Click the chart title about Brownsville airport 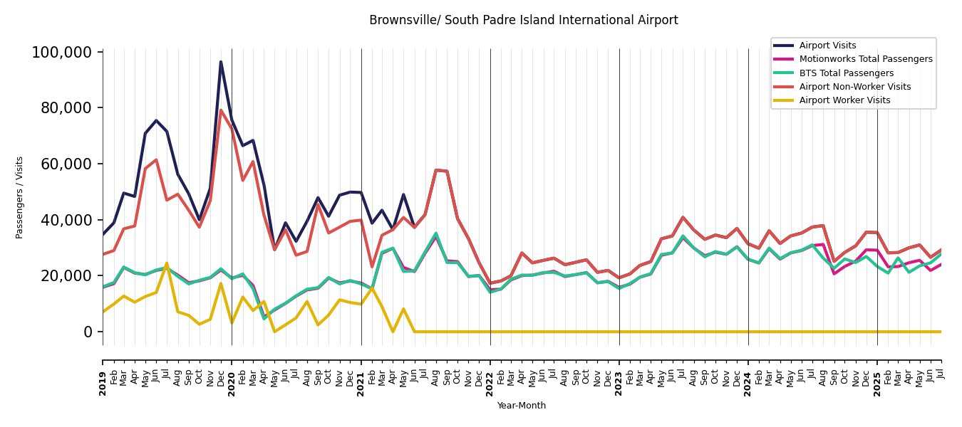(x=523, y=21)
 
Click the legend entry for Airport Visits (x=827, y=46)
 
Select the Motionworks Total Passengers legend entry (x=865, y=59)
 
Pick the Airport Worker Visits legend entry (x=844, y=100)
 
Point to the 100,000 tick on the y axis (x=62, y=53)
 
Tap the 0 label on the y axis (x=88, y=332)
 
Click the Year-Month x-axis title (x=522, y=406)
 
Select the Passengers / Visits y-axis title (x=20, y=197)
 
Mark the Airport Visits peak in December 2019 (x=221, y=62)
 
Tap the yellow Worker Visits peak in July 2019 (x=167, y=263)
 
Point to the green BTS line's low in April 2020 (x=264, y=318)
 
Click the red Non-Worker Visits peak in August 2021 (x=436, y=170)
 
